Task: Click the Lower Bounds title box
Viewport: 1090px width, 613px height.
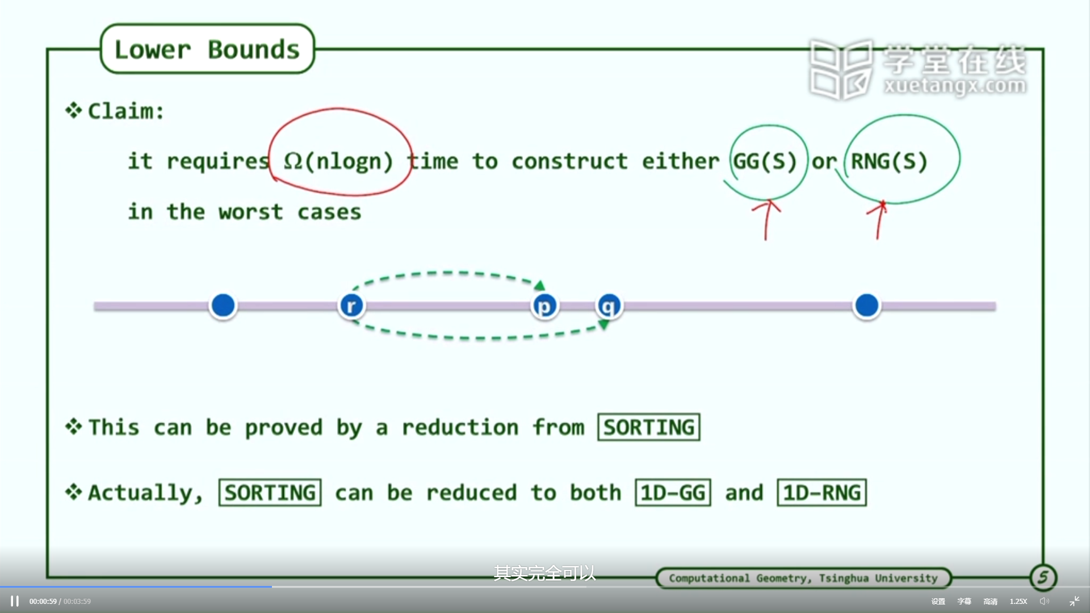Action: click(207, 49)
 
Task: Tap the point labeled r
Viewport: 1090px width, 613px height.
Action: click(351, 306)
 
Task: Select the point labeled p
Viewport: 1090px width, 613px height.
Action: click(544, 306)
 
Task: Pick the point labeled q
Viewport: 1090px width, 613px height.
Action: click(609, 306)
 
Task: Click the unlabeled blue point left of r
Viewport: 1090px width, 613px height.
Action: click(223, 305)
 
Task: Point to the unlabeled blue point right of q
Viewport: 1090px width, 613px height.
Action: click(867, 305)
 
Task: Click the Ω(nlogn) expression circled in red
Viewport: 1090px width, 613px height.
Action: click(338, 161)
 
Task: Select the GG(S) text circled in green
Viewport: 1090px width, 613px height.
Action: click(765, 161)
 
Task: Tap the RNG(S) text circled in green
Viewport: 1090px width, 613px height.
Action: click(889, 161)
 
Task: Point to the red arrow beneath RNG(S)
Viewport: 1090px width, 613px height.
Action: click(879, 220)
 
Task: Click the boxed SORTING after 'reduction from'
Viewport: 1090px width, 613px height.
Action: click(649, 427)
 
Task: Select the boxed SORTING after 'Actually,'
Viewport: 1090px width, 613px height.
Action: click(270, 493)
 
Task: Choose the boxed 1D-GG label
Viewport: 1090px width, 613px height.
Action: click(673, 493)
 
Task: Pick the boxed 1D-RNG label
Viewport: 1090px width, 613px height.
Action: click(822, 493)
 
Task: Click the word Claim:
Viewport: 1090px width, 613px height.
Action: click(126, 111)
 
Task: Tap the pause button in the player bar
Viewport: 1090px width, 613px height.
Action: click(15, 601)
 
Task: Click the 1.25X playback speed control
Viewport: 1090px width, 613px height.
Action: click(1018, 601)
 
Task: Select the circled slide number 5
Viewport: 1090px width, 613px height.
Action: click(1043, 578)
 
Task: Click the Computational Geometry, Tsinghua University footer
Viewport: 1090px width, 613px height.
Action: click(803, 578)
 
